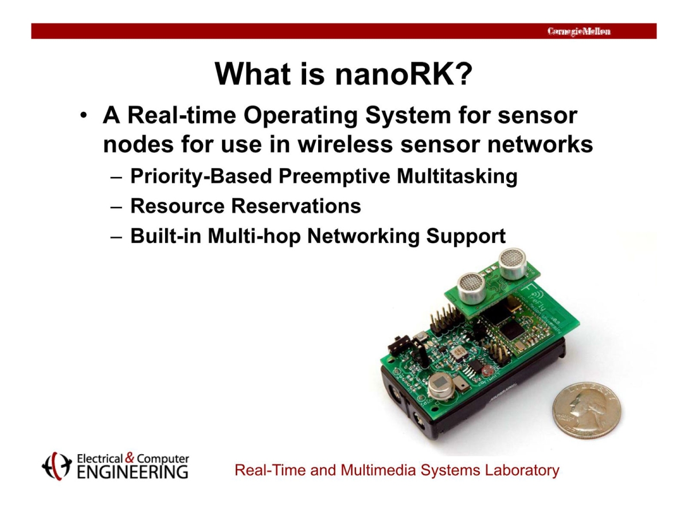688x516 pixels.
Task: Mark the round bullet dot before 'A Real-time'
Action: point(84,117)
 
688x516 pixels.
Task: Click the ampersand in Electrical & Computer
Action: point(130,458)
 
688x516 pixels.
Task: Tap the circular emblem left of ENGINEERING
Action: point(56,466)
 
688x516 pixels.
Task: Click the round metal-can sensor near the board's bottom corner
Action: point(439,388)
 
